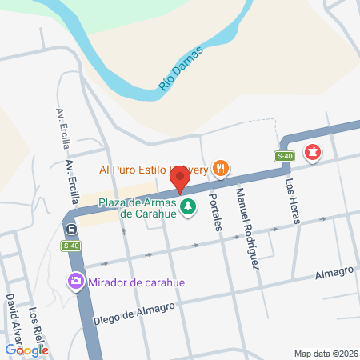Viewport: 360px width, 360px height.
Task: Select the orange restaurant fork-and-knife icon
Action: point(221,169)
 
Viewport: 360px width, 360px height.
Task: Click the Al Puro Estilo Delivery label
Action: point(154,169)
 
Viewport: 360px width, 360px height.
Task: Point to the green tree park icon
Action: point(188,208)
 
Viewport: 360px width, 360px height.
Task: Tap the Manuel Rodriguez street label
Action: point(248,227)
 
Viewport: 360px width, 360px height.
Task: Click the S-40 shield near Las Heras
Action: point(284,156)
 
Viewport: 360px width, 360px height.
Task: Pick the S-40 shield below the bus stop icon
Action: point(71,246)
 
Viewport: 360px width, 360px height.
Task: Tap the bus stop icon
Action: point(71,229)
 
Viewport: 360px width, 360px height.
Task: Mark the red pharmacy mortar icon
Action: point(314,151)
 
